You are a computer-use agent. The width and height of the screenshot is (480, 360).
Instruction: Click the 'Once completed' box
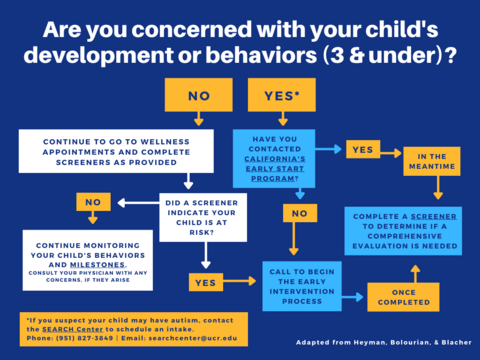(402, 296)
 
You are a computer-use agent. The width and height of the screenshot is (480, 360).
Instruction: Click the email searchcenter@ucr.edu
(196, 337)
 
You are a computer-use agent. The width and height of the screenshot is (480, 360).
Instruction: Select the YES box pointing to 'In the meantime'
(361, 149)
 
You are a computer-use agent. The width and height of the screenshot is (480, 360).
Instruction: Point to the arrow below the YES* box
(282, 119)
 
